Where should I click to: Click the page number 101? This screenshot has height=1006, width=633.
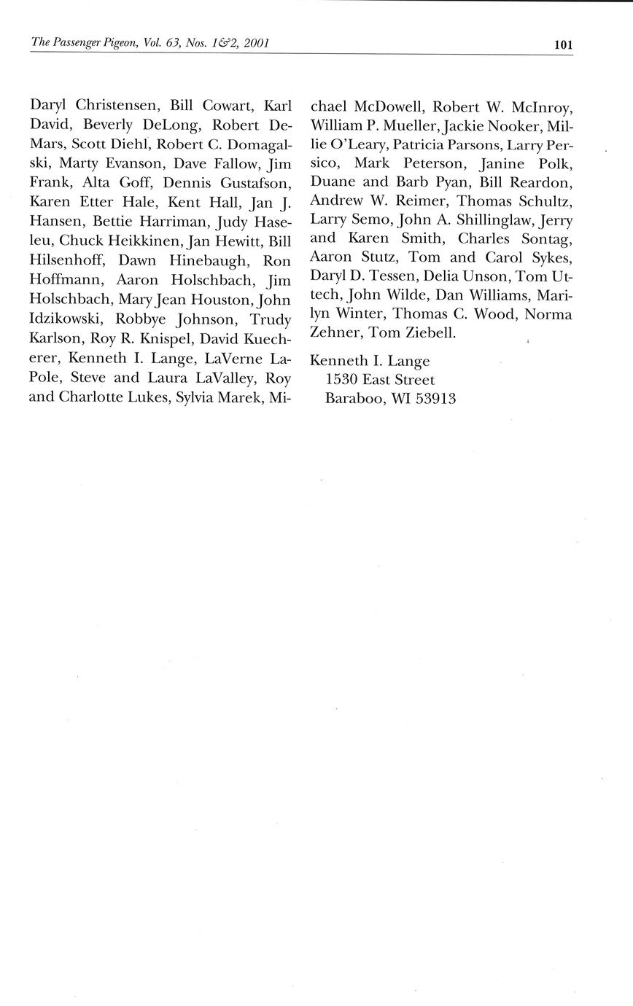[x=563, y=44]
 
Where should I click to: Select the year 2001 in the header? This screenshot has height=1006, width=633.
[x=257, y=43]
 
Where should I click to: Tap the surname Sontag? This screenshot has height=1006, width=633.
[x=543, y=238]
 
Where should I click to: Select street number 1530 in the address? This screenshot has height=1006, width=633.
[x=340, y=380]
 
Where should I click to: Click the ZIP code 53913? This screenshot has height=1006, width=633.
[x=435, y=399]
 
